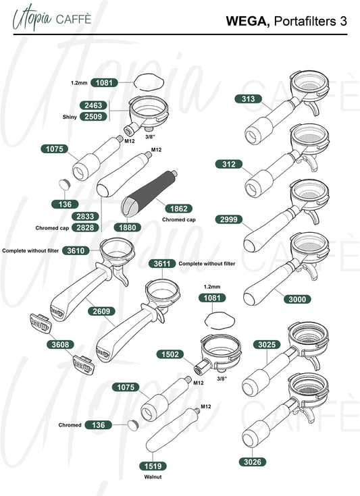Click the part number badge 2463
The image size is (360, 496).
point(93,105)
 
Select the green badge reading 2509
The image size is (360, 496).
point(93,116)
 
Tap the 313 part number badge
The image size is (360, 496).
point(249,99)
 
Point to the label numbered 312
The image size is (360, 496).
point(229,164)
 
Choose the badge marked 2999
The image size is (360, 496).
point(229,219)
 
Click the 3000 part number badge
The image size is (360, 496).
point(297,299)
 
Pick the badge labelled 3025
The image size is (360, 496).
point(267,344)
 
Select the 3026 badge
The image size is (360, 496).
point(253,462)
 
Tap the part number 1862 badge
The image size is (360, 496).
point(179,209)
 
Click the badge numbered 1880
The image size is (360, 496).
point(127,227)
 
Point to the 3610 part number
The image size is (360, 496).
point(76,250)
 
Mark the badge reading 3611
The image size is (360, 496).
point(162,263)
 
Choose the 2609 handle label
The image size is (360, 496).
point(101,311)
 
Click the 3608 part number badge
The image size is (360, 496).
point(60,344)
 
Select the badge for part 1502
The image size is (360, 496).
point(170,354)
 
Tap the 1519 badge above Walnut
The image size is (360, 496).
point(153,466)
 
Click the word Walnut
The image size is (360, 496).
point(153,476)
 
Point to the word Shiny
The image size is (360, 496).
point(70,117)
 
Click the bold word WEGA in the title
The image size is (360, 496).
point(248,21)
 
